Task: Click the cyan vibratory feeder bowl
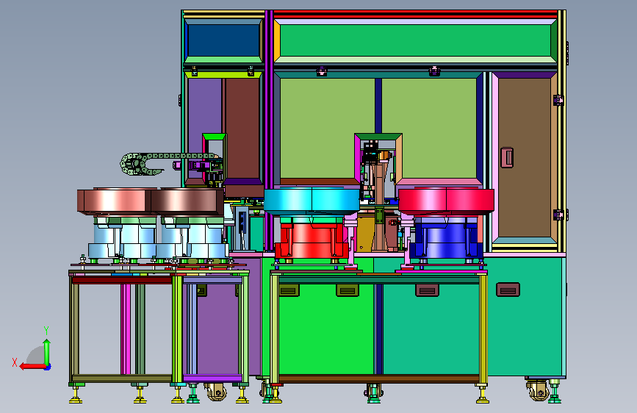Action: click(312, 200)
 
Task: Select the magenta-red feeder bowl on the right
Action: click(446, 201)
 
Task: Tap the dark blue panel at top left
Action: click(223, 40)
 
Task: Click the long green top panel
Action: click(415, 40)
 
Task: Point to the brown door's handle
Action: click(507, 157)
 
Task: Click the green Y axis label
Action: click(46, 330)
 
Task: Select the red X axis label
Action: click(15, 362)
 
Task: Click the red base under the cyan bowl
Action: click(312, 240)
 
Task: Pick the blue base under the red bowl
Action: click(446, 240)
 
